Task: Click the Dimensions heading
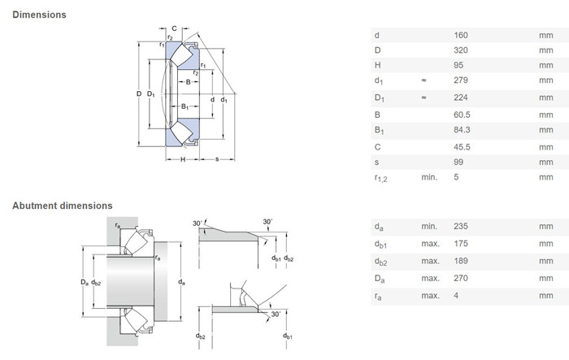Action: [39, 15]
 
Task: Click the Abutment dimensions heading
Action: [63, 206]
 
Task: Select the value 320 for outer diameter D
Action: [461, 50]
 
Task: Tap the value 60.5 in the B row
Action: [462, 115]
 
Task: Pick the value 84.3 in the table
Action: [462, 129]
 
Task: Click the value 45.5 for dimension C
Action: [462, 147]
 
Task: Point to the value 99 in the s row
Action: [458, 162]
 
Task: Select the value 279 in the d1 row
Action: [461, 80]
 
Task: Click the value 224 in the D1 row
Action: [461, 98]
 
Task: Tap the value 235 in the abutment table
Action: [461, 226]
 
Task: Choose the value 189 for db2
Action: [461, 261]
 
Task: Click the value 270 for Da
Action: [461, 278]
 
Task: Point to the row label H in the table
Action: [377, 65]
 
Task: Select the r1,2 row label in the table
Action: [380, 178]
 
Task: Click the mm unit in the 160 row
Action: [545, 35]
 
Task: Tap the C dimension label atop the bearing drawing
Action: [174, 28]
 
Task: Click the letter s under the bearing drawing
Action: [217, 159]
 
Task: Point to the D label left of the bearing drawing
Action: [139, 94]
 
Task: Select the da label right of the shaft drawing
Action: [181, 282]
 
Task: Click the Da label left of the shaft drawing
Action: [85, 282]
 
